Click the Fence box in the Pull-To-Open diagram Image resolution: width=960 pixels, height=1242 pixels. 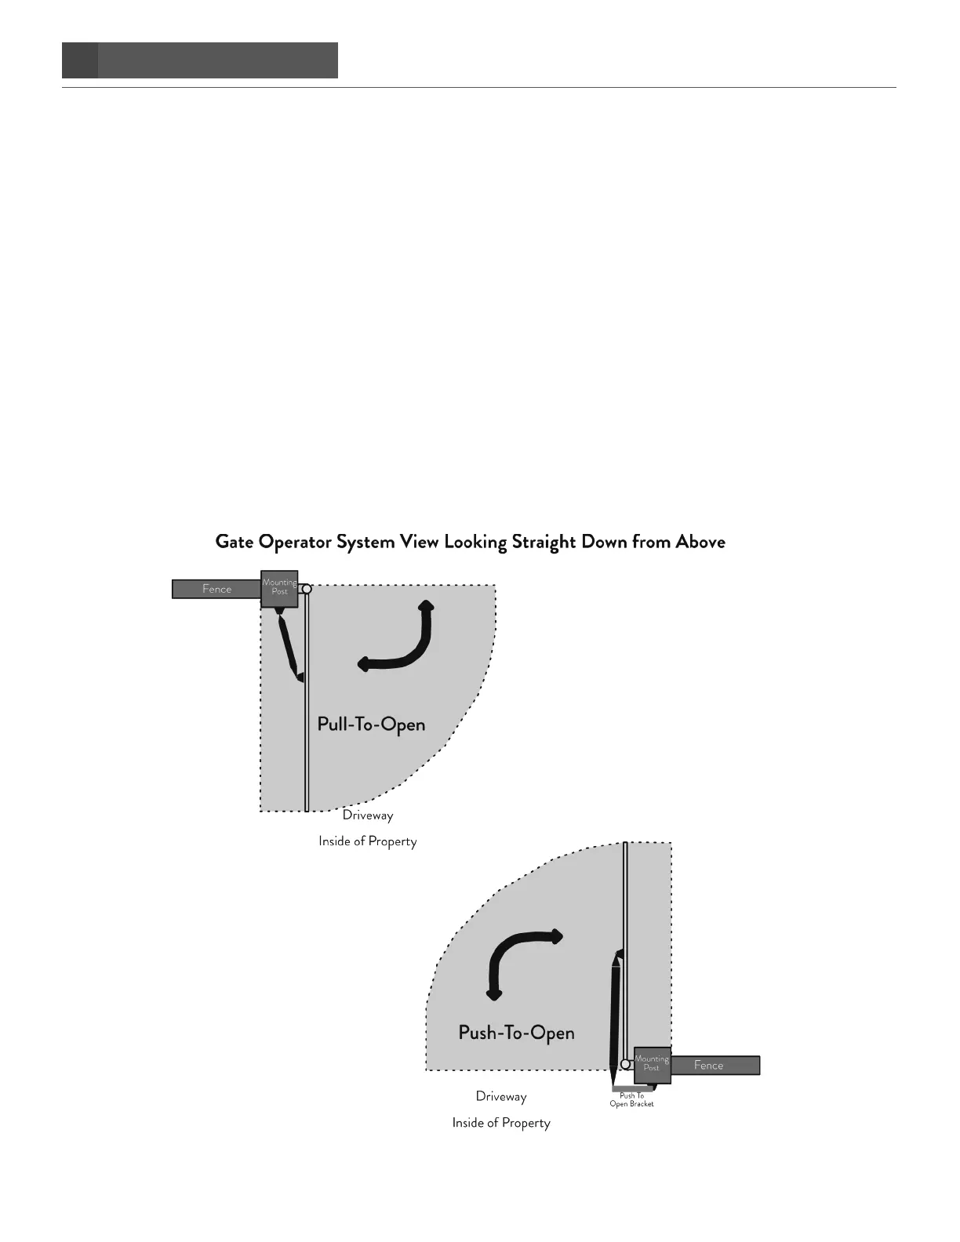point(216,589)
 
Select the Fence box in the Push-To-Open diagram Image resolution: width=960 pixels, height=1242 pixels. point(715,1065)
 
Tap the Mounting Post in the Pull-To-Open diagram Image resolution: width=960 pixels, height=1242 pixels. point(279,589)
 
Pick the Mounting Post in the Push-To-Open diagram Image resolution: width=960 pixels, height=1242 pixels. point(652,1065)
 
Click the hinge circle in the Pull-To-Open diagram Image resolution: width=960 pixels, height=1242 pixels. point(307,589)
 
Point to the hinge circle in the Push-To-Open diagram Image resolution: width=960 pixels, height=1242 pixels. point(626,1064)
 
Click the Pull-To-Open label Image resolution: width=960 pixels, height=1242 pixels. point(371,724)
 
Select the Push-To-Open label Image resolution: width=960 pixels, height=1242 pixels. point(516,1033)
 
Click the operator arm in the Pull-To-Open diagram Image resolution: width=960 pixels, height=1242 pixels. point(289,648)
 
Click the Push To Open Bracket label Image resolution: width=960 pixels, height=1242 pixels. point(631,1100)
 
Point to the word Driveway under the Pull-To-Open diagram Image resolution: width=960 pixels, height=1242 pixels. point(368,815)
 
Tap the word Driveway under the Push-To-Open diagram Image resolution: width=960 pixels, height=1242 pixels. point(501,1096)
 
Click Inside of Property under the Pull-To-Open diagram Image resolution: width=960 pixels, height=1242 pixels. point(367,841)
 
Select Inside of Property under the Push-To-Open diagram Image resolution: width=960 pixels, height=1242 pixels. point(501,1123)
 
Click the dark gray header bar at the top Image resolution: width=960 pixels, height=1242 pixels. point(200,60)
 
